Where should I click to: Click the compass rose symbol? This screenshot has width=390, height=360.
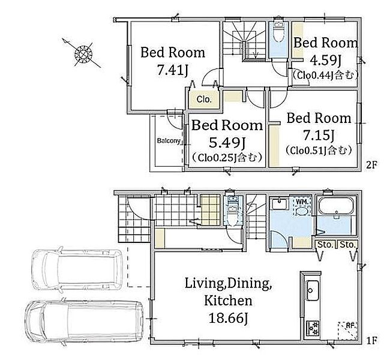coord(83,53)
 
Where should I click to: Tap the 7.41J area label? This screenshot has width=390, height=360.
coord(173,70)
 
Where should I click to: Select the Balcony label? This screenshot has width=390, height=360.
coord(169,141)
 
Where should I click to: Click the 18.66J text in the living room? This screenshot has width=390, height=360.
coord(228,318)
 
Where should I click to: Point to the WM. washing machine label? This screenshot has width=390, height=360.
coord(302,202)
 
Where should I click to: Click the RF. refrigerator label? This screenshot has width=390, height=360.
coord(351,325)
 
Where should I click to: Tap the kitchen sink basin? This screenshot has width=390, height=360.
coord(313,290)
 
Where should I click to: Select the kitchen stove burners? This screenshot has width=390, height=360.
coord(313,328)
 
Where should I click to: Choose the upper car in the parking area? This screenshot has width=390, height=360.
coord(77,269)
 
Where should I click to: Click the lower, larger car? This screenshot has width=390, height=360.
coord(84,321)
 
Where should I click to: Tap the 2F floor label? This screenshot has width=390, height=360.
coord(371,165)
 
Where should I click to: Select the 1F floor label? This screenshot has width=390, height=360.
coord(372,340)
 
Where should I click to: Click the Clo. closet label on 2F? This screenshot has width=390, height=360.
coord(204,100)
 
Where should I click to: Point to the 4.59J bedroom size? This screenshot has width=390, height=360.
coord(325,60)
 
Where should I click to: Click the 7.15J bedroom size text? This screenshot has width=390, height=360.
coord(319,135)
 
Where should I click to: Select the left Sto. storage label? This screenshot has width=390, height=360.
coord(326,245)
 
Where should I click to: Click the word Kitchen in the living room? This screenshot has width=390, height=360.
coord(228,301)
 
